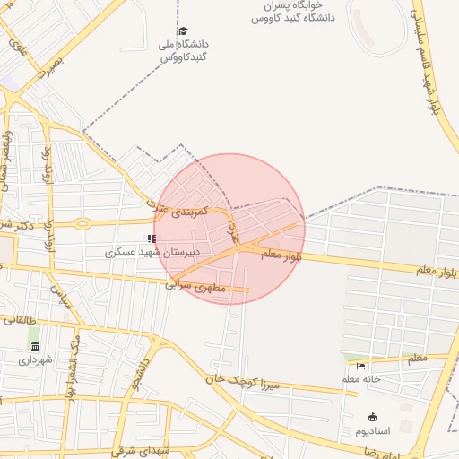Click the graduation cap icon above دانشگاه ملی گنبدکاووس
pos(182,30)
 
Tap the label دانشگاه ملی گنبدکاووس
pos(183,50)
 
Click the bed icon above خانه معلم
pos(360,365)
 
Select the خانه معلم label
pos(360,379)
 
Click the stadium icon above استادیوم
pos(372,417)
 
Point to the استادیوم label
pos(374,431)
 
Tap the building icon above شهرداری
pos(35,346)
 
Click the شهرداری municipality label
pos(36,360)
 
